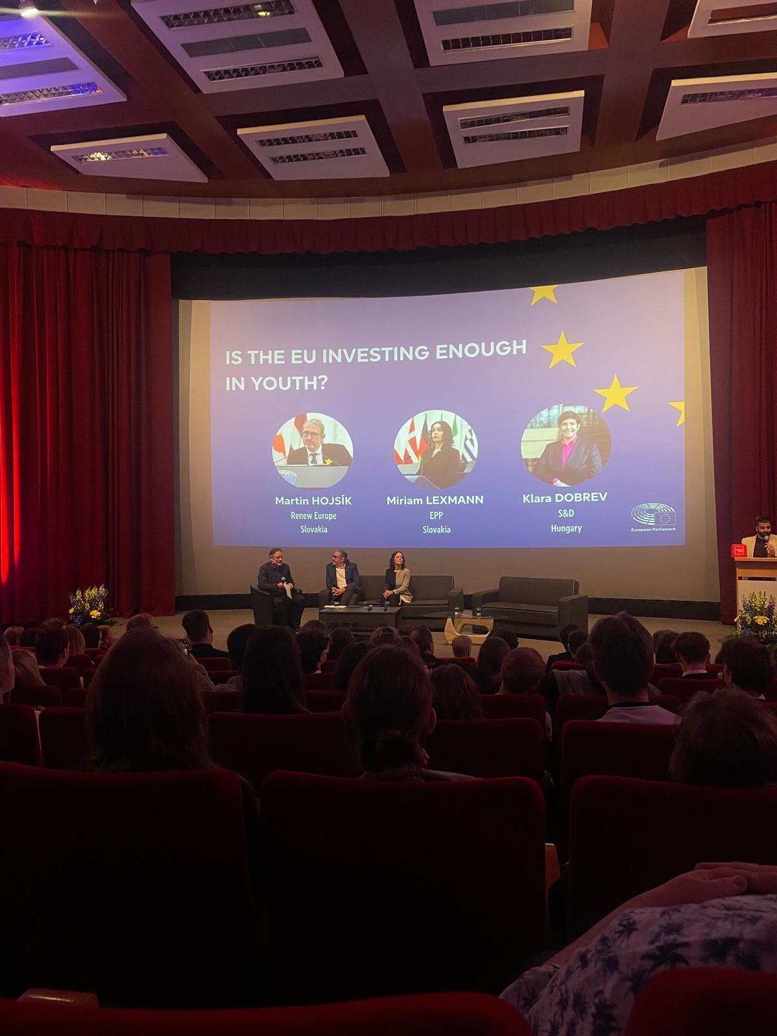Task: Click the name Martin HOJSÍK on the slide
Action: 313,501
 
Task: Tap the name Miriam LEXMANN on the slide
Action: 435,501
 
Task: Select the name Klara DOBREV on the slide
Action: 565,497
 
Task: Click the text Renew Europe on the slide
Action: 313,515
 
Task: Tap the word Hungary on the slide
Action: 566,528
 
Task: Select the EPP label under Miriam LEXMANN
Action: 436,515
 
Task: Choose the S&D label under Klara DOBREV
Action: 566,513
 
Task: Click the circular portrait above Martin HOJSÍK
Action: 312,451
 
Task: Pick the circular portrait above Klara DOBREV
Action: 566,445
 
